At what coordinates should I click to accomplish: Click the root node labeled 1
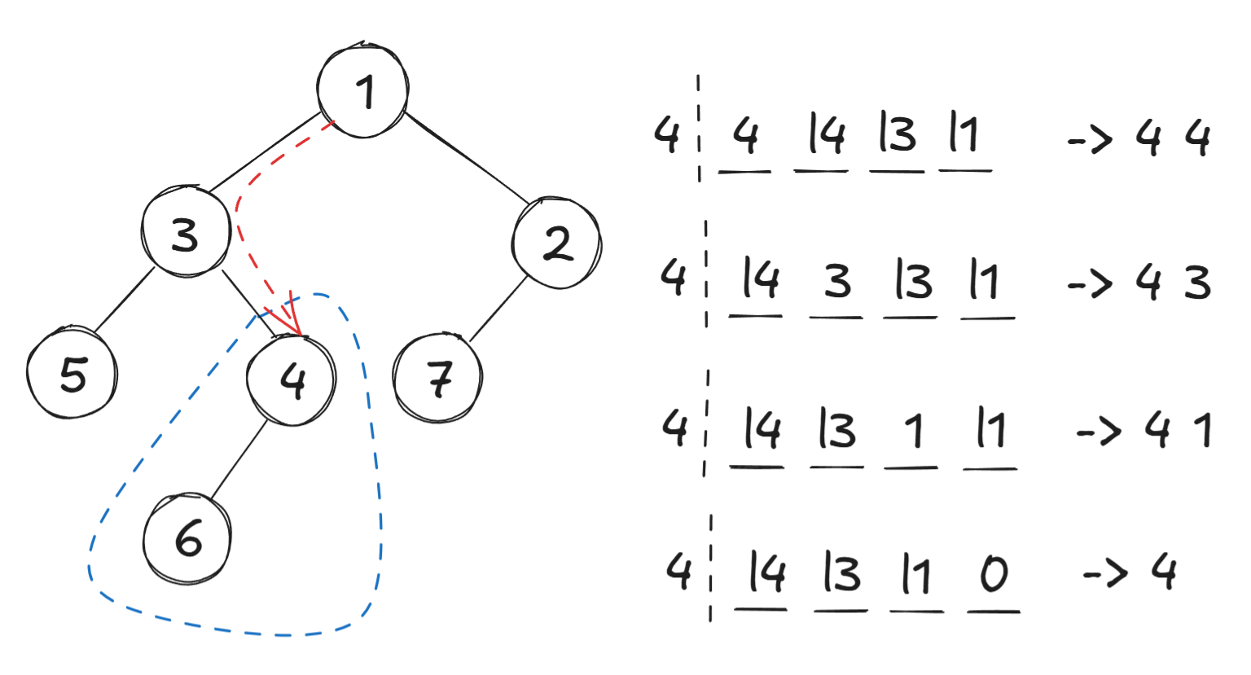362,90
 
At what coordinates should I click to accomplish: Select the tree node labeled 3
187,231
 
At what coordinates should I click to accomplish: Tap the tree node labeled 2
557,243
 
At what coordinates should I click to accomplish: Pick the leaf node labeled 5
72,372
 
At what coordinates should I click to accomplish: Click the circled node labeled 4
291,380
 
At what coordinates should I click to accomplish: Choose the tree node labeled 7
438,378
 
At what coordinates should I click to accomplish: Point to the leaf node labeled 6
187,539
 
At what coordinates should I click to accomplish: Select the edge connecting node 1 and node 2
467,158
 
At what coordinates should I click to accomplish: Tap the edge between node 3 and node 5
124,301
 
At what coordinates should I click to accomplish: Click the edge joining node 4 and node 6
239,459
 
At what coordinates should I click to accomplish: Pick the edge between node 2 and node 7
498,309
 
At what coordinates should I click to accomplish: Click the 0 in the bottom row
994,573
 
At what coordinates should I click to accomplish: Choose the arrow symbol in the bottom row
1105,573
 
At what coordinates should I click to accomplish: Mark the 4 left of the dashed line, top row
667,134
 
